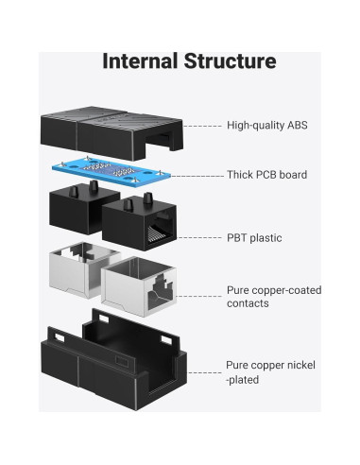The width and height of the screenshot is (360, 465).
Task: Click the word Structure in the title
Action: pos(231,62)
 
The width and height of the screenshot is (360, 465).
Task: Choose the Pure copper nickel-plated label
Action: pos(270,370)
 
